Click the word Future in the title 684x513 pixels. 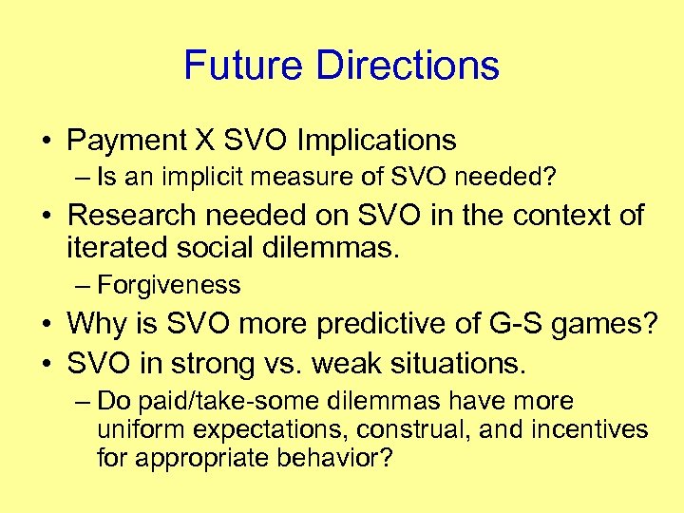pos(244,65)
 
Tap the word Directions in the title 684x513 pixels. pos(408,65)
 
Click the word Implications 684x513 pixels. pos(376,141)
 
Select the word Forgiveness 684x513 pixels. pos(168,284)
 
